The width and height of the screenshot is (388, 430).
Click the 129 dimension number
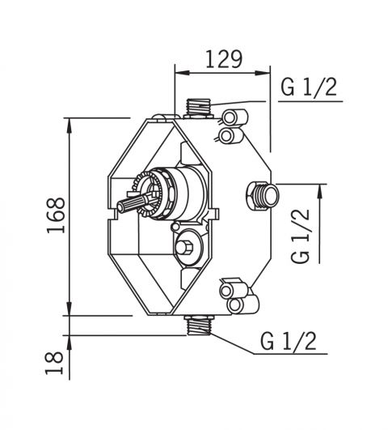[224, 59]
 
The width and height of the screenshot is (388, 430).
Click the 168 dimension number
[56, 215]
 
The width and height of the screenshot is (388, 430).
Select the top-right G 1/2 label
[309, 87]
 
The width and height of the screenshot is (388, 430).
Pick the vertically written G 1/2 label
[300, 236]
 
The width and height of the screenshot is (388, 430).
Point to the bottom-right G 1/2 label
[289, 341]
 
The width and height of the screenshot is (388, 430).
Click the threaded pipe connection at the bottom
[200, 326]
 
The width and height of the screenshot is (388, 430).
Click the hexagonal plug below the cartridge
[186, 247]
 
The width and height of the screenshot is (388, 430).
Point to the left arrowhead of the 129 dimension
[182, 73]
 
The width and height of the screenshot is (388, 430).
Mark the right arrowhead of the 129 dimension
[263, 73]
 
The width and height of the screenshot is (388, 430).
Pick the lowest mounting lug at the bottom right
[242, 305]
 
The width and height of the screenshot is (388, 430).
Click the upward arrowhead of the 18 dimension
[70, 343]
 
